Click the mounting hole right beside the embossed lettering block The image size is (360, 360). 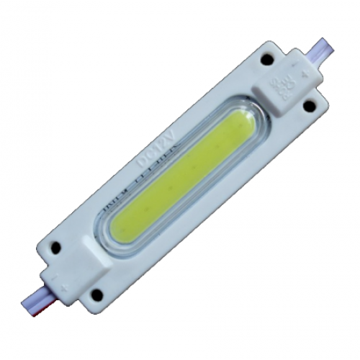[x=309, y=105]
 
